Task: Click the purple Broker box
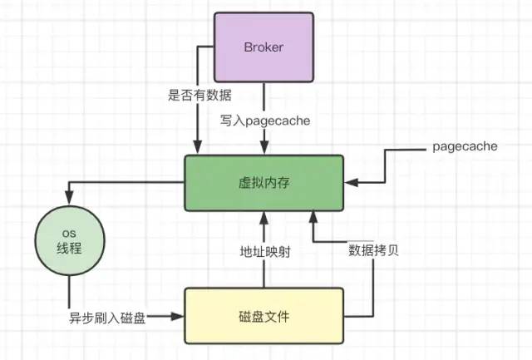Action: click(264, 47)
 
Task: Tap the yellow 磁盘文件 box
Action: click(264, 315)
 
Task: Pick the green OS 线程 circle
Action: click(71, 241)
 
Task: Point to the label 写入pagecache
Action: click(264, 121)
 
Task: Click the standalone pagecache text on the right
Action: click(465, 146)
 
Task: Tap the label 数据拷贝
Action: click(373, 249)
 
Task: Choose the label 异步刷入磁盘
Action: click(107, 317)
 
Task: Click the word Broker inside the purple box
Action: click(264, 47)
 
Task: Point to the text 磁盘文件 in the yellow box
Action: click(264, 315)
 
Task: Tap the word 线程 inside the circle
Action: click(71, 249)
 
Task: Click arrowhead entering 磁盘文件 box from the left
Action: click(180, 316)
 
